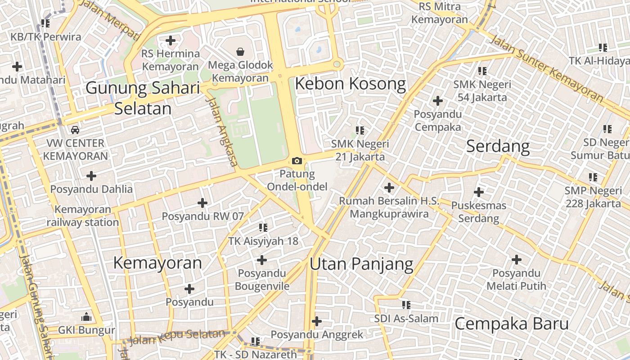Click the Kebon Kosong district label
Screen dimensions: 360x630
point(350,84)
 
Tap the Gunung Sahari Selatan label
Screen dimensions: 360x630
point(143,98)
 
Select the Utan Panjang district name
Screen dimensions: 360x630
point(361,264)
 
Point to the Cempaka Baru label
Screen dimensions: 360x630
point(512,324)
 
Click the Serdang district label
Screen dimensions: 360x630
point(498,146)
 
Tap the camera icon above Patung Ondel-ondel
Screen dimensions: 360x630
point(297,161)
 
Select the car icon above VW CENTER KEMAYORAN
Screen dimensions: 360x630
point(75,130)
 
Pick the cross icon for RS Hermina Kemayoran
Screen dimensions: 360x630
point(170,40)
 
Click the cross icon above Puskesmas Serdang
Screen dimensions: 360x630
point(479,192)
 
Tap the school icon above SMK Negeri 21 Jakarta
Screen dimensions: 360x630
point(360,130)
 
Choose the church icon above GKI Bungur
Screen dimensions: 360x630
point(86,317)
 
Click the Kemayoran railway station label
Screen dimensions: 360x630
point(83,216)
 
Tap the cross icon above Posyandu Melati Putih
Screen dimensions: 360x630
point(517,260)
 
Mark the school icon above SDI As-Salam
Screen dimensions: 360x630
point(406,305)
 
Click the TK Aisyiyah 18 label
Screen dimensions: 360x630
point(263,241)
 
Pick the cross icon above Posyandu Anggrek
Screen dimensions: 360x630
point(317,321)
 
